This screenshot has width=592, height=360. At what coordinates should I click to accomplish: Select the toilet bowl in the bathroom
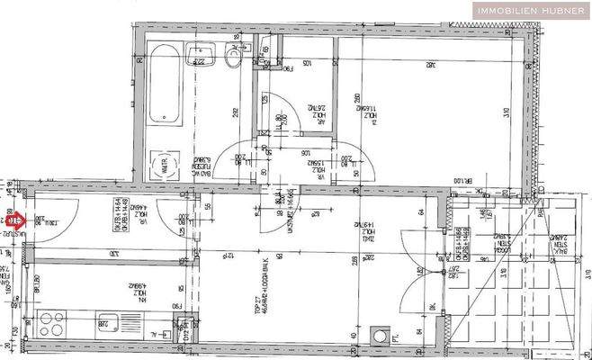pyautogui.click(x=235, y=56)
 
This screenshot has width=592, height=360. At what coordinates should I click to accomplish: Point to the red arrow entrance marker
pyautogui.click(x=15, y=217)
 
